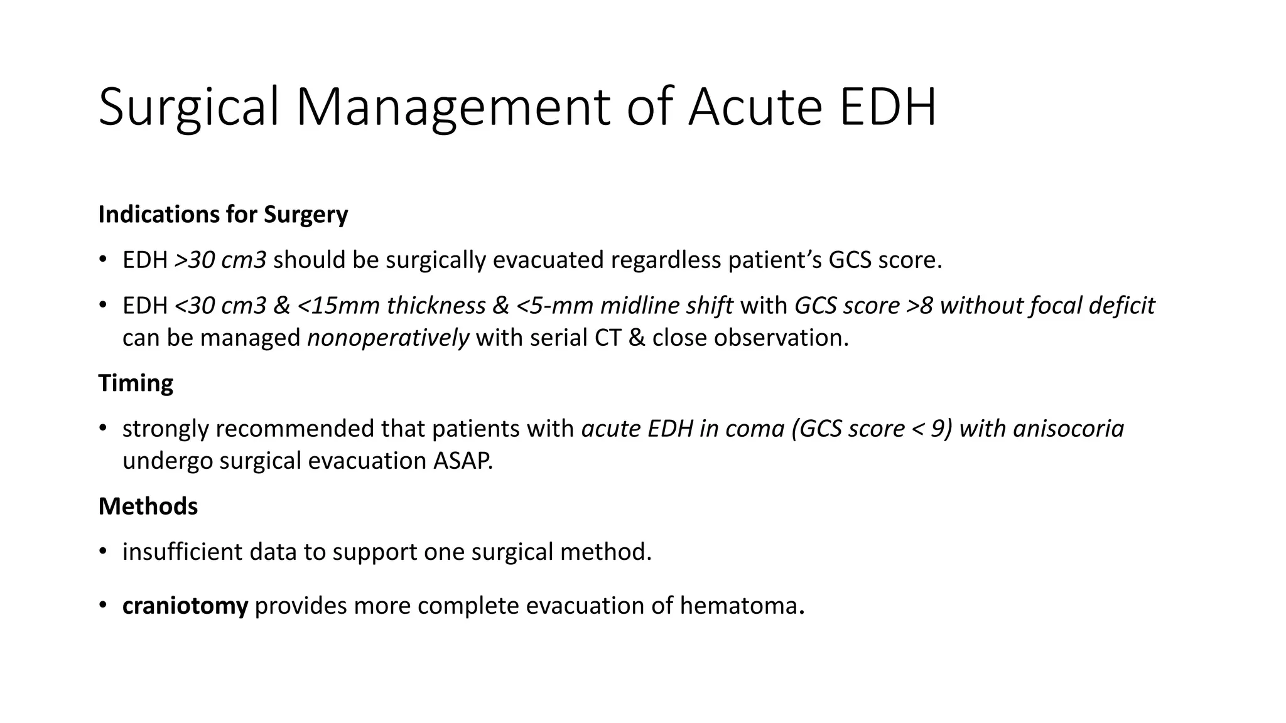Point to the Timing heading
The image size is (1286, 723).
click(136, 383)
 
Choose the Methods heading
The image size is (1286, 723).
click(148, 506)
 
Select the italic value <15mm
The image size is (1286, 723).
click(338, 306)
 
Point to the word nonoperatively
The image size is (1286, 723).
click(388, 338)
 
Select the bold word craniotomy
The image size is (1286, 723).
click(185, 606)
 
